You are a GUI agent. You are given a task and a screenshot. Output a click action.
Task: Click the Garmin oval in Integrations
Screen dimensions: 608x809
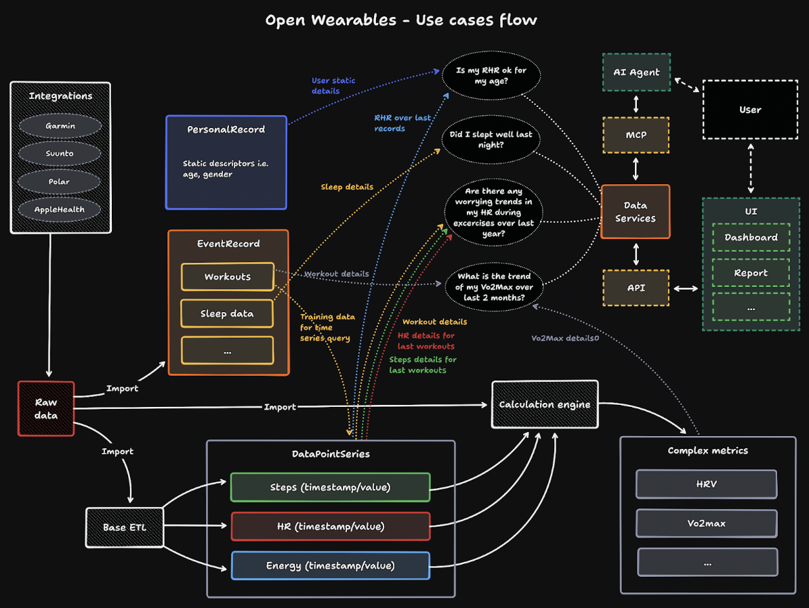60,126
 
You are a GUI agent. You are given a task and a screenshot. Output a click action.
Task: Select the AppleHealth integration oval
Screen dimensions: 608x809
60,209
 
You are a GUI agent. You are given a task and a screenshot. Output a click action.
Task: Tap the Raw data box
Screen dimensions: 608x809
46,408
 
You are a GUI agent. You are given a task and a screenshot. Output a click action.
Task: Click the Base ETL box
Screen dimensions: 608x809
124,527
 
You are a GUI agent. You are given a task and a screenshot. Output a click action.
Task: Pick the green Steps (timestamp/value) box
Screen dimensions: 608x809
330,487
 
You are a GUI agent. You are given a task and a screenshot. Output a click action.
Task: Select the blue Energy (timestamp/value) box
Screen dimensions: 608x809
330,565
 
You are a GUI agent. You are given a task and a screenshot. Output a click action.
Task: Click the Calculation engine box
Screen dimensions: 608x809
544,404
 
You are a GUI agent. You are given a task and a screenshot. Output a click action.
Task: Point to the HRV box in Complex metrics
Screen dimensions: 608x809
707,484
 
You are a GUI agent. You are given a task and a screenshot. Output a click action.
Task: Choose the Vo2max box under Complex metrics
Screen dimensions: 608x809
707,523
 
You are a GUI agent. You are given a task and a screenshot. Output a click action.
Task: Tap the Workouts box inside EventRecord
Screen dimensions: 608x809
227,276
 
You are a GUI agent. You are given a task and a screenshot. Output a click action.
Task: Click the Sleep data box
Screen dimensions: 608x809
227,313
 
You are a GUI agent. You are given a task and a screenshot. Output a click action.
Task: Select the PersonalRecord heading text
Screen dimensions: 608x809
226,129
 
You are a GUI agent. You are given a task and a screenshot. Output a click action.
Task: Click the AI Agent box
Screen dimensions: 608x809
636,72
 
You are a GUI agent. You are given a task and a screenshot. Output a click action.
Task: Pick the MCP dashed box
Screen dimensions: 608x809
636,135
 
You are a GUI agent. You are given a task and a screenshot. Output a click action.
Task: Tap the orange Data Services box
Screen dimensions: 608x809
635,211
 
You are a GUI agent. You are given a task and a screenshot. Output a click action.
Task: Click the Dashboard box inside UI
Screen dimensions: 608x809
751,238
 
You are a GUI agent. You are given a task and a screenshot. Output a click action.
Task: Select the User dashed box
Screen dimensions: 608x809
749,110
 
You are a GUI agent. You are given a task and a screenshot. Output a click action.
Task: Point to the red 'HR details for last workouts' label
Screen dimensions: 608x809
426,341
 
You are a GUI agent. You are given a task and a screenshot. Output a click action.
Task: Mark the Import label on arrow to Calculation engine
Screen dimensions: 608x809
280,407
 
